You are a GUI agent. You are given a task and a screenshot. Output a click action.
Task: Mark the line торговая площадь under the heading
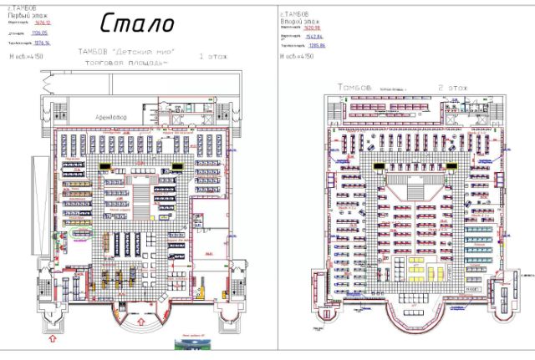[133, 62]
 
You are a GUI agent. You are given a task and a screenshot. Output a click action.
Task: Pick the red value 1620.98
[313, 27]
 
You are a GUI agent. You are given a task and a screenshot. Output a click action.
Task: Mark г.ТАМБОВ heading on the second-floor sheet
[294, 13]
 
